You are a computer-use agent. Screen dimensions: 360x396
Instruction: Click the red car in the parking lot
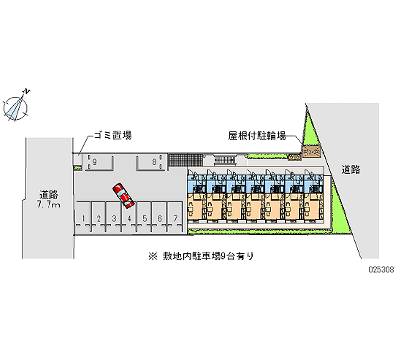123,195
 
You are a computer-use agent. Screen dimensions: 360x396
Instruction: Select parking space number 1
85,218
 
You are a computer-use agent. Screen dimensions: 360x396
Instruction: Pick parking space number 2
99,218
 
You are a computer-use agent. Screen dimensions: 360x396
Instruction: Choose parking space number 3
114,218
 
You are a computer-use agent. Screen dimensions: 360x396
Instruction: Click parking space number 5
145,218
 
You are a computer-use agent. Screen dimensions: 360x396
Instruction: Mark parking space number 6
159,218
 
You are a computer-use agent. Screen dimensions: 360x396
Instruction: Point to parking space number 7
175,218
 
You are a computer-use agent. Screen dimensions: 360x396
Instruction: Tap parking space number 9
94,161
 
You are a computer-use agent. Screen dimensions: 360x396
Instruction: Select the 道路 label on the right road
350,169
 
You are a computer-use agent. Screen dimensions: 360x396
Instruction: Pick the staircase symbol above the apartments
226,160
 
